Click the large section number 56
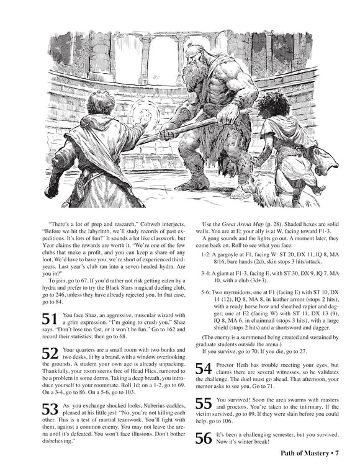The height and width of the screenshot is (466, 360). [x=204, y=437]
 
